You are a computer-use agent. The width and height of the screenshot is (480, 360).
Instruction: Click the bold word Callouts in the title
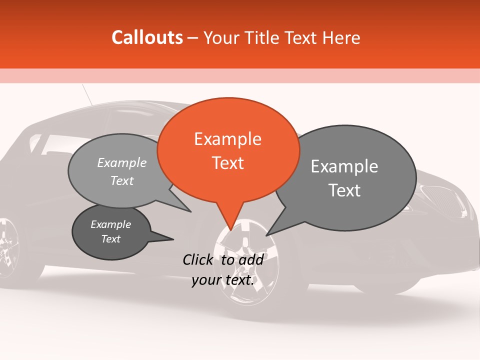click(147, 37)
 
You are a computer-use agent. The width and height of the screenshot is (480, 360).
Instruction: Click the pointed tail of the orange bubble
click(230, 227)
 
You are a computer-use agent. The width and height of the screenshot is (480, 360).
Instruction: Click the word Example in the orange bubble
click(227, 139)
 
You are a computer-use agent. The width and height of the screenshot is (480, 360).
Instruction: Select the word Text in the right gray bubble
click(344, 190)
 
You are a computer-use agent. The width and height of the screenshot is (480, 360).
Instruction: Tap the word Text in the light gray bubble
click(122, 180)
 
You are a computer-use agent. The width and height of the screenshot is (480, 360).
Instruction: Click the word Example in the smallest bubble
click(111, 224)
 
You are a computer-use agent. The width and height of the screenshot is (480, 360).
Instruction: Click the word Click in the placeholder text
click(197, 259)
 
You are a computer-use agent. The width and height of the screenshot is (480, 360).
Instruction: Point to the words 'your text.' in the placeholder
click(223, 280)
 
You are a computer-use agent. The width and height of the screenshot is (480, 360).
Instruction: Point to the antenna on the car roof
click(87, 94)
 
